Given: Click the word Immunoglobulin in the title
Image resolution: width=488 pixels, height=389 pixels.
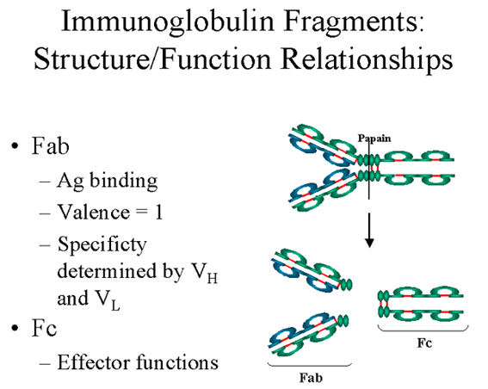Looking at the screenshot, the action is coord(168,21).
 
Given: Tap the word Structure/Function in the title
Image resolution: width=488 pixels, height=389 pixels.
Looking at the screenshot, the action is coord(152,59).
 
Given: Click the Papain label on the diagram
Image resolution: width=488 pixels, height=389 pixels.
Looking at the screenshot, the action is coord(374,139).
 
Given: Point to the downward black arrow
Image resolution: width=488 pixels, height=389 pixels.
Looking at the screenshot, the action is coord(369,230).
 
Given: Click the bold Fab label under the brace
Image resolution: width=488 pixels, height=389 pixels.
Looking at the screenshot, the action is coord(311,378).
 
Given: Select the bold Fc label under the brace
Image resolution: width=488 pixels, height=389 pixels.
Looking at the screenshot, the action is coord(424,343).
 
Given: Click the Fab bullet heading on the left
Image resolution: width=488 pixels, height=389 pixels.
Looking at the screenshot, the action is coord(51,145).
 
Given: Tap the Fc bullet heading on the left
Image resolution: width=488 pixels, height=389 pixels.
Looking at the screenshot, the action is coord(45,328).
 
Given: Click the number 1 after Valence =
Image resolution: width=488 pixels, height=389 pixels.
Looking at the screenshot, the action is coord(158,213).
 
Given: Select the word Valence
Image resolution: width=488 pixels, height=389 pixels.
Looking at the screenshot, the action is coord(94,213).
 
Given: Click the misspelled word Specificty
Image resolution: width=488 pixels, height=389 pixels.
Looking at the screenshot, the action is coord(102,245).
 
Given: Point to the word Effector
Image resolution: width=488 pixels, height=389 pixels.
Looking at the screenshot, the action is coord(93,362).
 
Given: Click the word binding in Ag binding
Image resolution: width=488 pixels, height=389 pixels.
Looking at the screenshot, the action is coord(124,181).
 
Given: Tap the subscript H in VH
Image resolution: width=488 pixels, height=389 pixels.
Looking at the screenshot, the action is coord(212,278).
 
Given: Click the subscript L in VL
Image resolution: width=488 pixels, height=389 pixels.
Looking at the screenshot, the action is coord(115,305).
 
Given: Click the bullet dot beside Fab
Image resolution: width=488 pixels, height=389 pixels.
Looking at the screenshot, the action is coord(15,146).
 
